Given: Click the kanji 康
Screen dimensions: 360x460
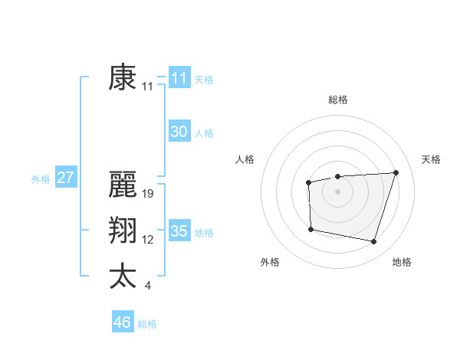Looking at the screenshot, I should (123, 78).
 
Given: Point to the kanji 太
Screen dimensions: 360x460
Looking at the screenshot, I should (123, 277).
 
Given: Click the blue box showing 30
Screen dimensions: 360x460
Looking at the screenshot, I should (179, 132).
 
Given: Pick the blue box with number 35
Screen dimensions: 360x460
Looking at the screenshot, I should (179, 231).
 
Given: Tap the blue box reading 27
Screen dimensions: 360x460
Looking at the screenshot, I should (65, 178).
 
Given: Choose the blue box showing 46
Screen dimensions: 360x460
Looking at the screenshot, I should (122, 322).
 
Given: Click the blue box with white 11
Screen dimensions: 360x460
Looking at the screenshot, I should (179, 78).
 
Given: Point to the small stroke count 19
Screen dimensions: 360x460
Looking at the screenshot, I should (149, 194).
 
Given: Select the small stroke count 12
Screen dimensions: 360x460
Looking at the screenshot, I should (148, 240).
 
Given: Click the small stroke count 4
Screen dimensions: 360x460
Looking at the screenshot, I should (147, 286).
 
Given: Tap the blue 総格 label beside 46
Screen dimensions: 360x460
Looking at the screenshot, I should (147, 324).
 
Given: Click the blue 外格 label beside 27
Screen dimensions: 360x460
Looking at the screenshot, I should (41, 179).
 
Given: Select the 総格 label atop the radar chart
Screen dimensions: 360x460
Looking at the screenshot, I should (338, 100).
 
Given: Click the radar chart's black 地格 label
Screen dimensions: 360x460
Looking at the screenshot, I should (402, 262).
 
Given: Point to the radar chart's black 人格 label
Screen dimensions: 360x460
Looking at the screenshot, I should (245, 159).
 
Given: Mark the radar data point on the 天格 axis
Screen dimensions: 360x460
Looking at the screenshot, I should (396, 172).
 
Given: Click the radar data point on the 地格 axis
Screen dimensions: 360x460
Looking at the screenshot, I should (373, 241).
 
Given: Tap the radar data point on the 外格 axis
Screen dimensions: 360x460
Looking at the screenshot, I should (310, 229).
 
